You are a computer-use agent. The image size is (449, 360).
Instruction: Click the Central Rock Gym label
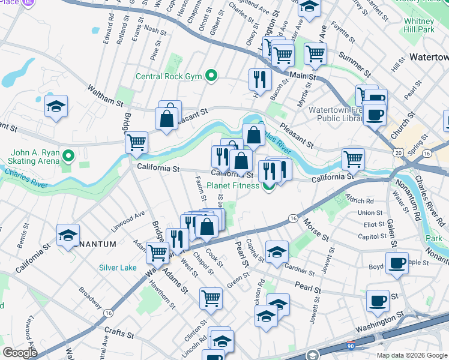point(169,76)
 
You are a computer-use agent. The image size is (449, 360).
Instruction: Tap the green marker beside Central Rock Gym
point(211,76)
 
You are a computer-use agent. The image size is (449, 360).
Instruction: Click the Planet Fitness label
point(231,185)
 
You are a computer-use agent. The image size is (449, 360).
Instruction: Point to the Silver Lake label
point(118,268)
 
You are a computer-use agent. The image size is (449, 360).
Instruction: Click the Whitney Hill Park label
point(418,25)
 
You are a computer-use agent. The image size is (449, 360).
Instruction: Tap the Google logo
point(20,353)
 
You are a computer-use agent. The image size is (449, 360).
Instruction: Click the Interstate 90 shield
point(351,346)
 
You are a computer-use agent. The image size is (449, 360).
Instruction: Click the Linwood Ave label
point(128,221)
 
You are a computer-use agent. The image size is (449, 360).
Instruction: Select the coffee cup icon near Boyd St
point(396,262)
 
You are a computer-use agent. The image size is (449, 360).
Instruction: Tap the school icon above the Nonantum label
point(68,235)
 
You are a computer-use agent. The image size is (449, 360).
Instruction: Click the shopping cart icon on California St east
point(353,158)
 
